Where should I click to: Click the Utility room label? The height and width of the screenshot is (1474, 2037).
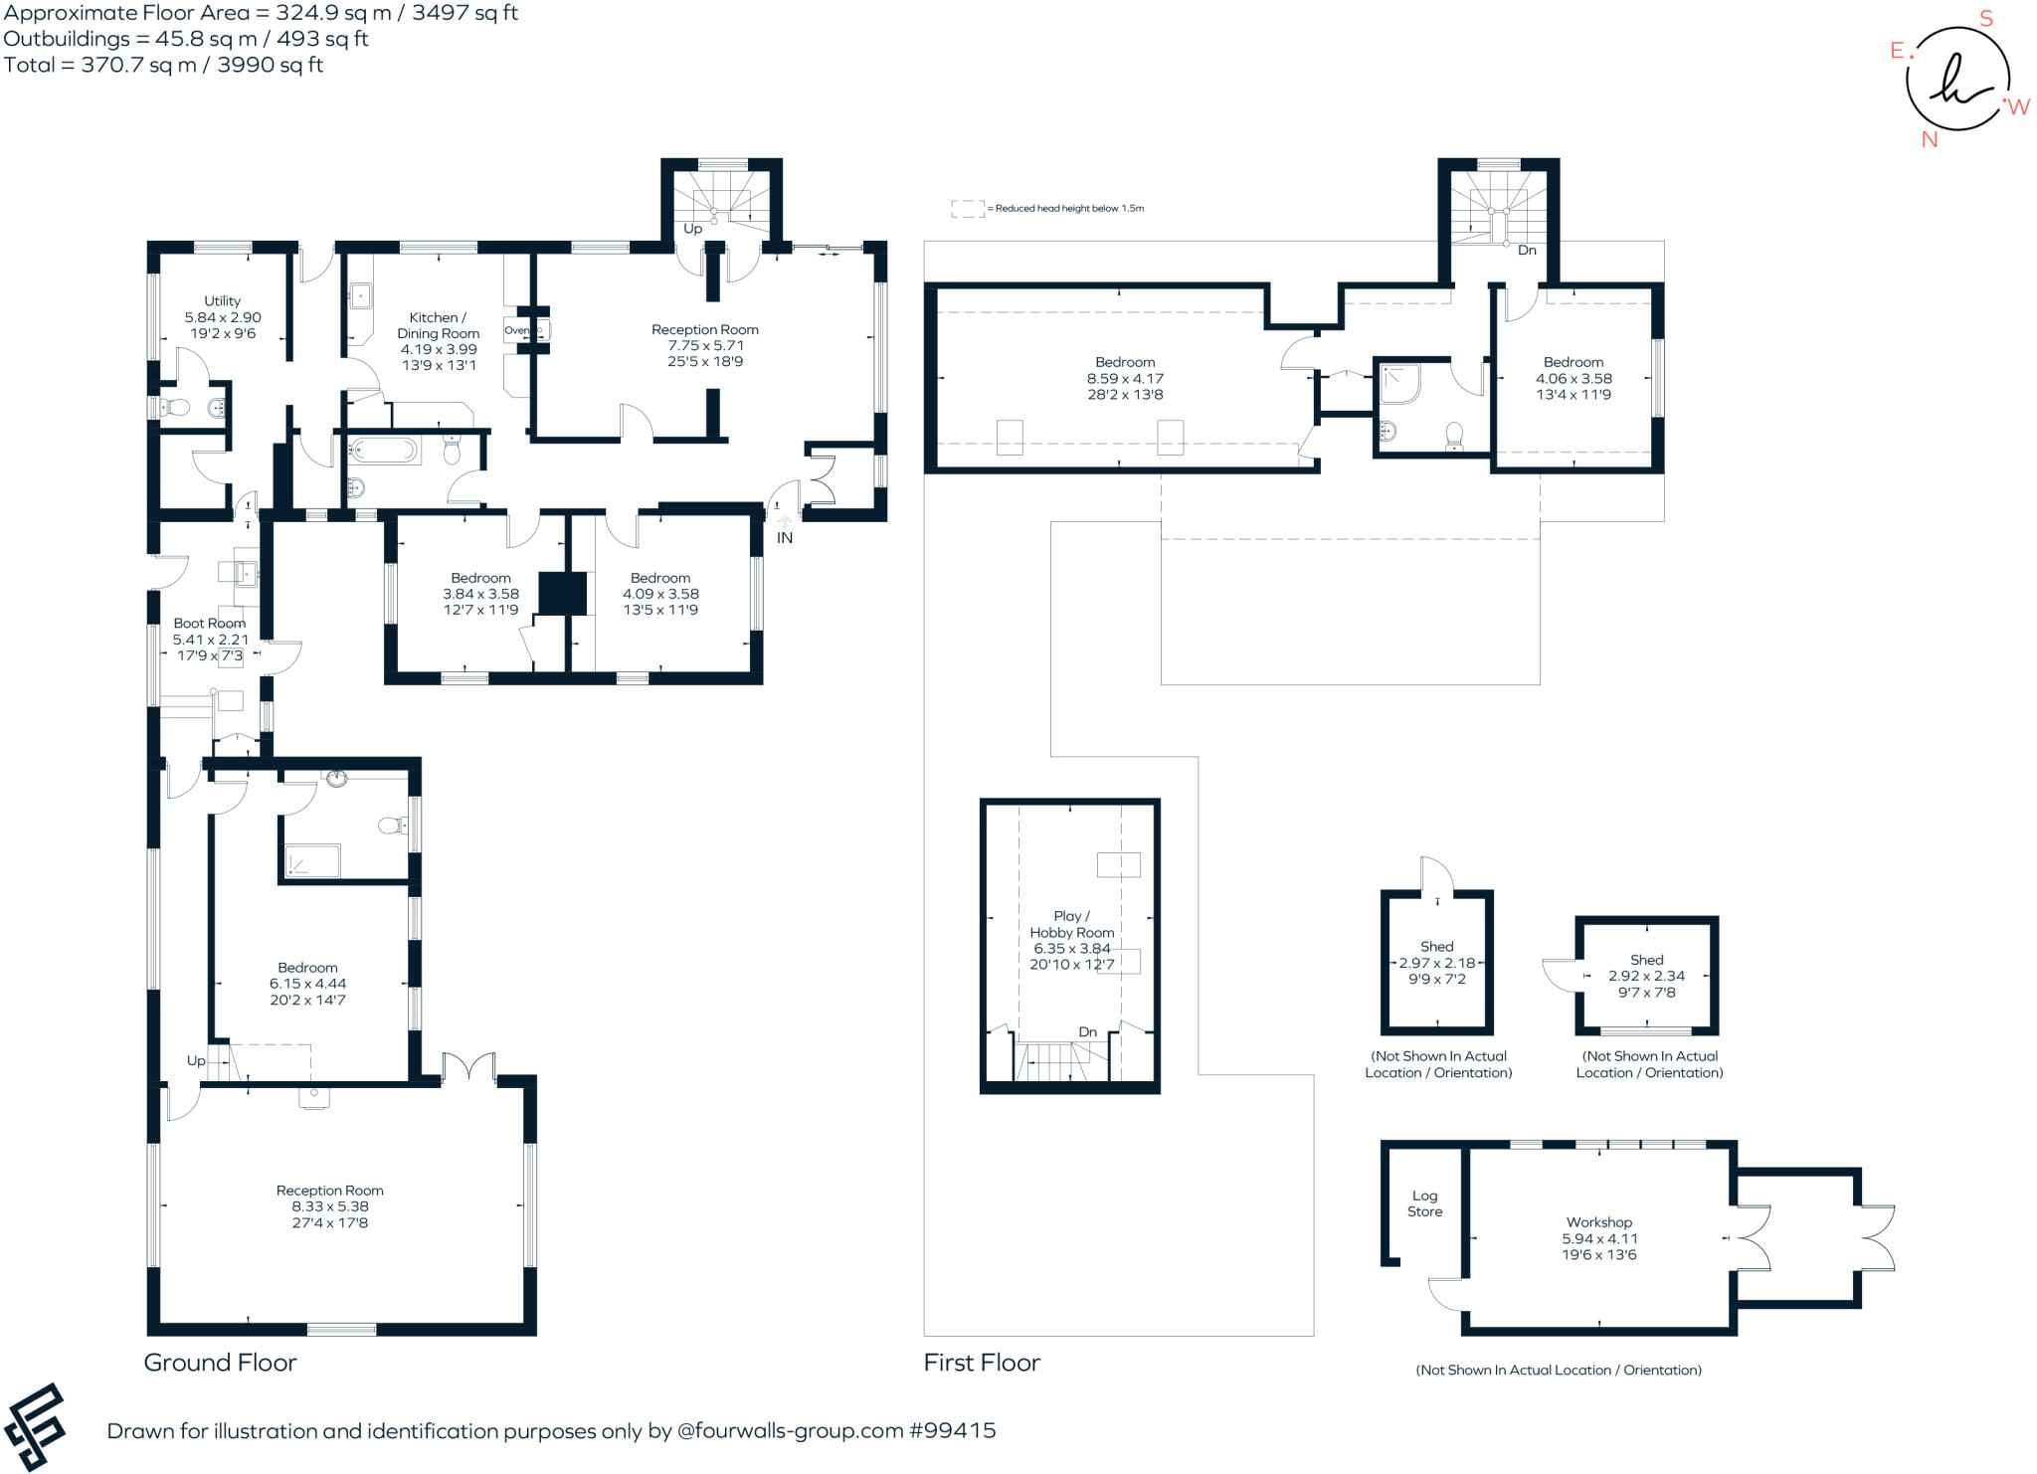[x=222, y=300]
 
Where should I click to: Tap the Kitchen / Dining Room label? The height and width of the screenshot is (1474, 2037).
[x=438, y=325]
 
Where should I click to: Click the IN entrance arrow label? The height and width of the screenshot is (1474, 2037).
[x=785, y=537]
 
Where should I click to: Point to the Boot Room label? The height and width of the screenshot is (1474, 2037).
[x=209, y=623]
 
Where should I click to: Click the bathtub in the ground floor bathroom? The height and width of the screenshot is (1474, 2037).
[x=383, y=452]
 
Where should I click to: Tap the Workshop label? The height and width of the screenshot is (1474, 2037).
[x=1599, y=1222]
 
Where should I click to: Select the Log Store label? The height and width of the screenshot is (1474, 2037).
[x=1424, y=1203]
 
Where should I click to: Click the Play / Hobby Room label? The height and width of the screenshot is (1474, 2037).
[x=1071, y=924]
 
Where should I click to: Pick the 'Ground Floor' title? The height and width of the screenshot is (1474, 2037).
[x=220, y=1363]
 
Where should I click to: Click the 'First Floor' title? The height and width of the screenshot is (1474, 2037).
[x=982, y=1363]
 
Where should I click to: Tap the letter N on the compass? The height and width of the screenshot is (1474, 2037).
[x=1930, y=140]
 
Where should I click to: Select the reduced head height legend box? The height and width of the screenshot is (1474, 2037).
[x=968, y=209]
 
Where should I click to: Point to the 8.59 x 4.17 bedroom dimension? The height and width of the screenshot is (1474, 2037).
[x=1125, y=378]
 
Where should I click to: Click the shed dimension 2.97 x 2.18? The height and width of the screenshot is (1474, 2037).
[x=1437, y=963]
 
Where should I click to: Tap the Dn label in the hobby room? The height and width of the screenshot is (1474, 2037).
[x=1088, y=1031]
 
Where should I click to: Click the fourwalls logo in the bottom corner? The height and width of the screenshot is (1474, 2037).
[x=36, y=1427]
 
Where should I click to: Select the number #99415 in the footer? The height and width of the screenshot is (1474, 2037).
[x=952, y=1431]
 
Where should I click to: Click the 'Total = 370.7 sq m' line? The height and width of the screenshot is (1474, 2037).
[x=163, y=65]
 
